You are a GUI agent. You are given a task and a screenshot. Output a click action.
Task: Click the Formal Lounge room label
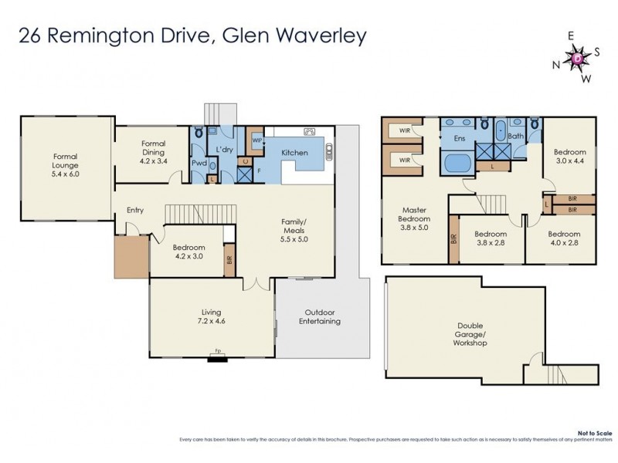pos(66,165)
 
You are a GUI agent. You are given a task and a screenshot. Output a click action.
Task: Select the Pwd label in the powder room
pos(199,164)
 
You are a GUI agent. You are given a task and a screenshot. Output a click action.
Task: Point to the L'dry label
pos(225,149)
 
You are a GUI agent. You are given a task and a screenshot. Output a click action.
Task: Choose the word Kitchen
pos(294,153)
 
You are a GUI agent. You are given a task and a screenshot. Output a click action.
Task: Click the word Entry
pos(136,210)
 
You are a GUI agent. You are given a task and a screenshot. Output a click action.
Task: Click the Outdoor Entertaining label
pos(320,316)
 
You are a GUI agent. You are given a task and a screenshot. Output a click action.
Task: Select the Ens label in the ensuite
pos(459,140)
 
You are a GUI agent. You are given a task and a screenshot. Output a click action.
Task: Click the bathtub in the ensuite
pos(455,164)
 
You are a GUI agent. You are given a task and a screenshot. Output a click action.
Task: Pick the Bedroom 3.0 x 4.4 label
pos(569,157)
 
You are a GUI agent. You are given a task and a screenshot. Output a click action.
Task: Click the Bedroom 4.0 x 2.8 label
pos(564,238)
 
